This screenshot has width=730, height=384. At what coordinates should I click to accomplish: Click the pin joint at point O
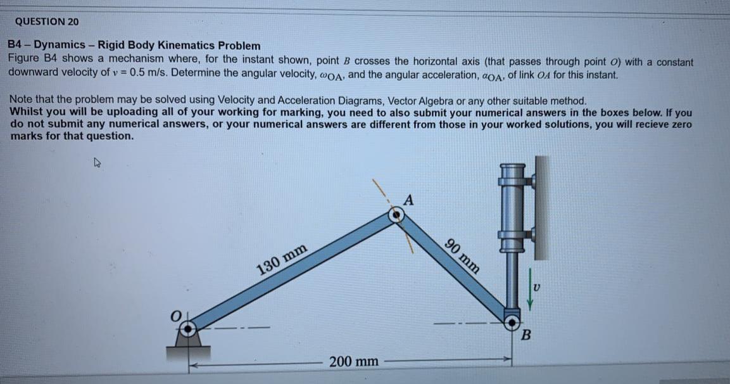[188, 328]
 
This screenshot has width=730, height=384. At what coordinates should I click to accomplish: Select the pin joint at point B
[511, 316]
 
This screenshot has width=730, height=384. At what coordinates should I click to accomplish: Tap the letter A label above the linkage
[408, 201]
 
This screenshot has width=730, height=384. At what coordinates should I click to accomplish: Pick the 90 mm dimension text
[463, 254]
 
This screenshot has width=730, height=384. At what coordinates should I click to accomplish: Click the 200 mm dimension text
[355, 362]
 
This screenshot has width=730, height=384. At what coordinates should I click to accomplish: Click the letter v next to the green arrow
[538, 288]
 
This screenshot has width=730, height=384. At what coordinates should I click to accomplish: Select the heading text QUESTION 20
[47, 22]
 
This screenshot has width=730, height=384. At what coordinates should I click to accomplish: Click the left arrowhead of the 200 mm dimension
[196, 364]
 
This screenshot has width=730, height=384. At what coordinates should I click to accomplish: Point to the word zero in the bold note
[678, 124]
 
